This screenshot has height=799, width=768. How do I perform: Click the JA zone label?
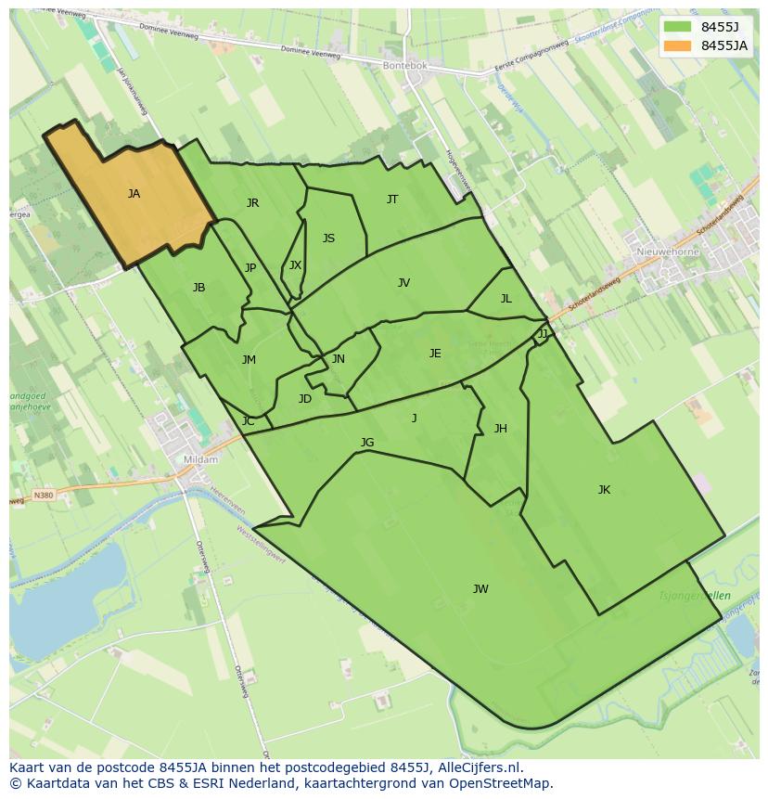coord(134,194)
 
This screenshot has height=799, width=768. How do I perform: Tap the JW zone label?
coord(480,589)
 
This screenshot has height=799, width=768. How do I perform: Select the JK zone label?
coord(604,490)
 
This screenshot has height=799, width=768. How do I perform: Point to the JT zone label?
coord(392,200)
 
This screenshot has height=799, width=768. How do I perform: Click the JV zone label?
coord(403,283)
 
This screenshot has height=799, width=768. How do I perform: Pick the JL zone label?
coord(506,299)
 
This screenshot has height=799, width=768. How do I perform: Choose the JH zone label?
coord(500,429)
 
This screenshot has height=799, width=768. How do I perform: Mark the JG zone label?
coord(367,443)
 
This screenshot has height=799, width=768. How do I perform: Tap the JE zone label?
coord(435,354)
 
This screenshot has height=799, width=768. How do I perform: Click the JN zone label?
coord(339,359)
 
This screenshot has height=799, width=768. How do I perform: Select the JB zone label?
coord(198,288)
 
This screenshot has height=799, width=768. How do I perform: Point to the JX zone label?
coord(295,265)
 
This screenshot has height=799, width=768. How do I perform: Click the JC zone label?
coord(248,421)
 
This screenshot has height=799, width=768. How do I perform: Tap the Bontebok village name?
coord(404,66)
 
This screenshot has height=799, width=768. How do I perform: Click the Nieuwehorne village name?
coord(668,251)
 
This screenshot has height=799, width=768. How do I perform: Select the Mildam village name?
coord(200,459)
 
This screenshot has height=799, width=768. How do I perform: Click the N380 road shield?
coord(44,496)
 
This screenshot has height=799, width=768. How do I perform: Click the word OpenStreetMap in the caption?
coord(500,783)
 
